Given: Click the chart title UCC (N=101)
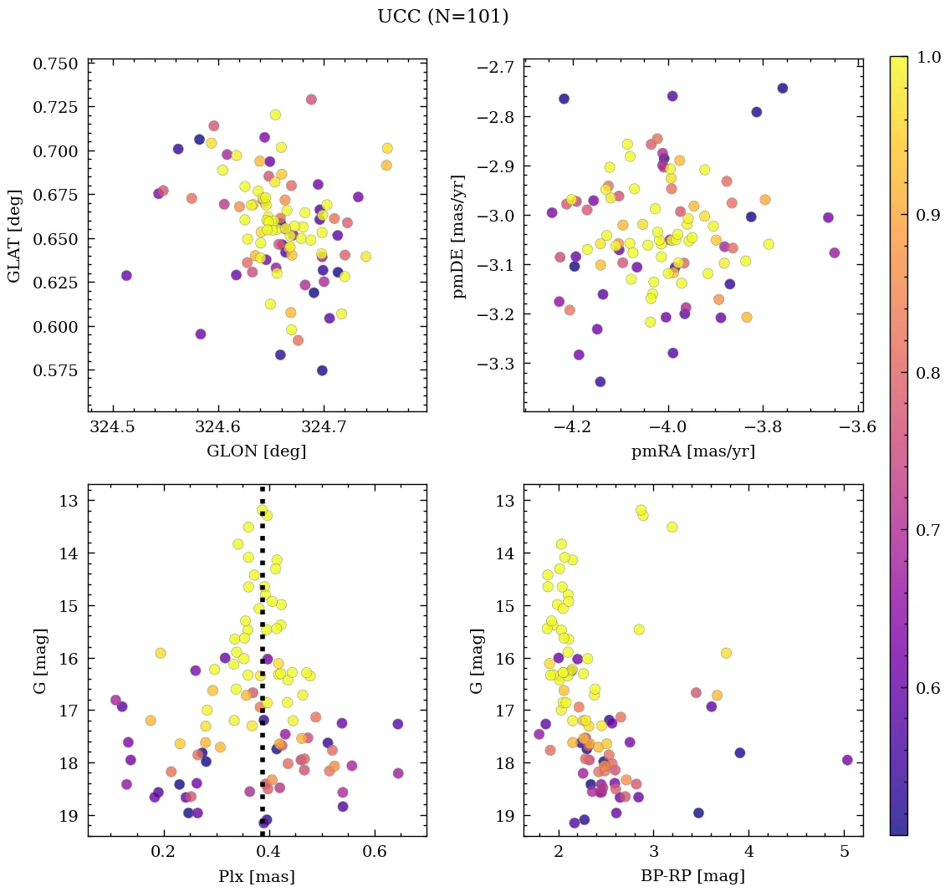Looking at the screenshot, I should tap(442, 17).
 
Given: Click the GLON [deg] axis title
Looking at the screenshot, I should tap(256, 451).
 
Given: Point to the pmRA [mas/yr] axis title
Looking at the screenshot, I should tap(692, 451).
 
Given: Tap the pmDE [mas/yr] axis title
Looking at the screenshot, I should tap(458, 236).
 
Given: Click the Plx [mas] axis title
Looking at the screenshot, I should tap(256, 876).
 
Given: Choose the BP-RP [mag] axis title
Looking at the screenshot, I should tap(692, 876).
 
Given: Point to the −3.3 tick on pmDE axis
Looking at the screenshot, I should tap(497, 364).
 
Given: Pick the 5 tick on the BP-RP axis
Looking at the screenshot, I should tap(844, 854).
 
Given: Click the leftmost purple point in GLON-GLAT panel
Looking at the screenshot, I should tap(126, 275).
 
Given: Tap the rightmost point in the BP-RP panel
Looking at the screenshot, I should tap(847, 760).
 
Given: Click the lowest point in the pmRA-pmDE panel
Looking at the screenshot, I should tap(600, 381).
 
